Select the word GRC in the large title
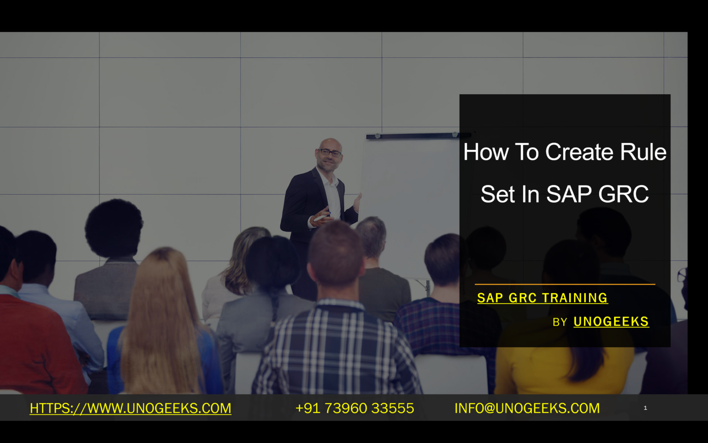[x=623, y=194]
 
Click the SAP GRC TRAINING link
[x=542, y=298]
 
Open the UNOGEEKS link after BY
[x=611, y=322]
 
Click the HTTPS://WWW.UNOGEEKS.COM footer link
[x=130, y=408]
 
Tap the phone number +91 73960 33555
[x=354, y=408]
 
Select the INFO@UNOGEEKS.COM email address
[x=527, y=408]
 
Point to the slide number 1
[x=645, y=408]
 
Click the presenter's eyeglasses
[x=330, y=152]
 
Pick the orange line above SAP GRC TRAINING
[x=565, y=284]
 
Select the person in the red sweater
[x=32, y=341]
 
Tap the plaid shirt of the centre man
[x=336, y=351]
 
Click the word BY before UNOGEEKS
[x=560, y=322]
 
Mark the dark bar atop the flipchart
[x=415, y=136]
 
